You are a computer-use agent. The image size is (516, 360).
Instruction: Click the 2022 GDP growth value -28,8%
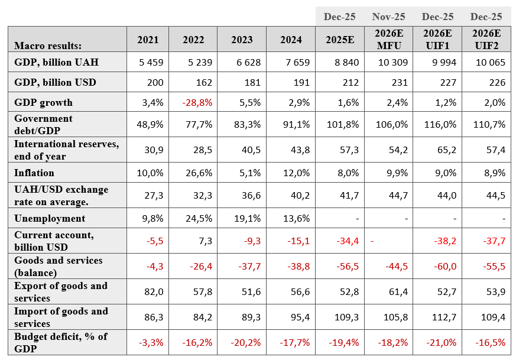(x=197, y=102)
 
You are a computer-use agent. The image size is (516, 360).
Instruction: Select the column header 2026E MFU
(x=389, y=39)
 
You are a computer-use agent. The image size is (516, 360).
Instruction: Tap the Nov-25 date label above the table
(x=389, y=17)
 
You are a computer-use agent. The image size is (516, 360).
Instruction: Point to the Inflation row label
(x=34, y=173)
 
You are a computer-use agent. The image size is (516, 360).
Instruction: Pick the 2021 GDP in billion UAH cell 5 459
(x=151, y=62)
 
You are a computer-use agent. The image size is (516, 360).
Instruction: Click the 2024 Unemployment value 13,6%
(x=297, y=219)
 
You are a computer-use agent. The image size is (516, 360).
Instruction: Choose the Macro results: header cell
(x=48, y=46)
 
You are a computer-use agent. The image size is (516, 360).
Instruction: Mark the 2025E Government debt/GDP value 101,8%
(x=343, y=124)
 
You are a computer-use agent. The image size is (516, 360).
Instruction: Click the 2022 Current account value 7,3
(x=205, y=241)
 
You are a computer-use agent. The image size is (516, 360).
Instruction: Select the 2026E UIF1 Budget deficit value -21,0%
(x=442, y=342)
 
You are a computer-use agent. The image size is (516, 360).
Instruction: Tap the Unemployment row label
(x=50, y=219)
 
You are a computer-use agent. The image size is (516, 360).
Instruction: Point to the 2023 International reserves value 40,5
(x=251, y=150)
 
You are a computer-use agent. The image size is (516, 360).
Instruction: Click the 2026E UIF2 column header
(x=486, y=39)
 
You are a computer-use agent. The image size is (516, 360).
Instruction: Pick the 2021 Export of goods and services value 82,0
(x=154, y=291)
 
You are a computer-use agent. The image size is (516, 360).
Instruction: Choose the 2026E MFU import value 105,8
(x=395, y=317)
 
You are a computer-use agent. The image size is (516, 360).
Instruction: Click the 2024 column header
(x=291, y=40)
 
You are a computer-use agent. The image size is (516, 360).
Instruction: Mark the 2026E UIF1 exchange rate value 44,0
(x=447, y=196)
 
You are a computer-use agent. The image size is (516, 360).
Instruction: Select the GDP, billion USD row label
(x=56, y=82)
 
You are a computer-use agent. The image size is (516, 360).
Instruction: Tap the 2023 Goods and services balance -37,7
(x=249, y=266)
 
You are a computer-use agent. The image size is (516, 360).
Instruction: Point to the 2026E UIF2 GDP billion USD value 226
(x=497, y=82)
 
